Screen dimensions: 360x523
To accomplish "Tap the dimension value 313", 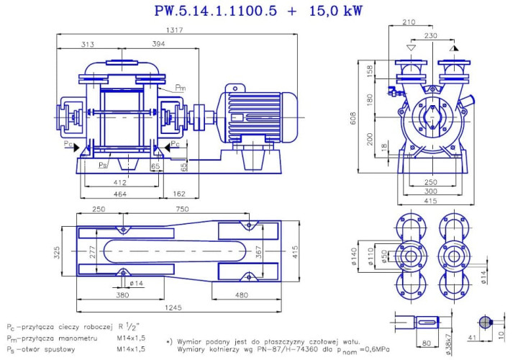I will (x=88, y=45).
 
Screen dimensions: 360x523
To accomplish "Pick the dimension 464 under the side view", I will (x=121, y=195).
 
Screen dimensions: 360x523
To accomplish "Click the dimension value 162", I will (x=180, y=195).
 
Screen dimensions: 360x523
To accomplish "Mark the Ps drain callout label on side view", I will (x=103, y=164).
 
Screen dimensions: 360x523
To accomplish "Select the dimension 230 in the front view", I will (x=431, y=35).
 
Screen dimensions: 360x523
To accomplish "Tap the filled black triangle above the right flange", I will (x=454, y=47).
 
